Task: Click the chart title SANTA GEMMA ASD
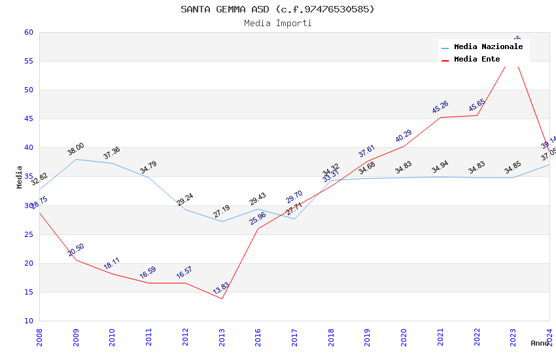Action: point(277,9)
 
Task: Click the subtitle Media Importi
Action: point(277,24)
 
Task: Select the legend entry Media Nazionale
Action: point(488,47)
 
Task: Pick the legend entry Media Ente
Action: point(477,60)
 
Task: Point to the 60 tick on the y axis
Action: point(28,32)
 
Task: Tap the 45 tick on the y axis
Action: point(28,119)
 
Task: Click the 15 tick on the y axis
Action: point(28,293)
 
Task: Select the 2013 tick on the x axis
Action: point(222,336)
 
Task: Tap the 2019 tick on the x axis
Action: point(368,336)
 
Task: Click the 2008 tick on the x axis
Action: point(39,336)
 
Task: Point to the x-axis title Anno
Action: point(540,343)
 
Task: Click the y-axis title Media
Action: point(20,177)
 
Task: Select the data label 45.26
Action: point(440,107)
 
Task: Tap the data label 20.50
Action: point(76,249)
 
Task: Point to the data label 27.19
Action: point(222,211)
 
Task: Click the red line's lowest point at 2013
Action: point(222,298)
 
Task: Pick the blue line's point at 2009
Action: point(76,159)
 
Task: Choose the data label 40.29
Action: point(404,135)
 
